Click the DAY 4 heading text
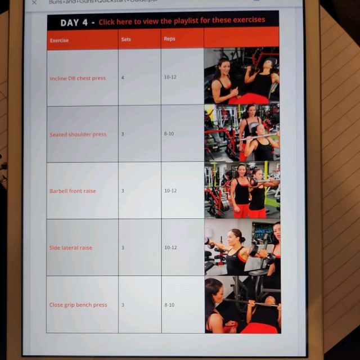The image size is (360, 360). pyautogui.click(x=77, y=22)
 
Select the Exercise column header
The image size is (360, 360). pyautogui.click(x=59, y=40)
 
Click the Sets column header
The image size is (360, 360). pyautogui.click(x=126, y=39)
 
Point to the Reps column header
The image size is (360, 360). pyautogui.click(x=169, y=39)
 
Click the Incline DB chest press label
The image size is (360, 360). pyautogui.click(x=78, y=78)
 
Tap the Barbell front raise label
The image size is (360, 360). pyautogui.click(x=73, y=191)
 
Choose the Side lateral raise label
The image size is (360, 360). pyautogui.click(x=71, y=248)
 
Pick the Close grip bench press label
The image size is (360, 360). pyautogui.click(x=78, y=305)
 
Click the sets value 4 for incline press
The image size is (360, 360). pyautogui.click(x=123, y=77)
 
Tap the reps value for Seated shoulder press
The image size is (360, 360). pyautogui.click(x=169, y=134)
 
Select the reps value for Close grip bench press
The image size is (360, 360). pyautogui.click(x=169, y=305)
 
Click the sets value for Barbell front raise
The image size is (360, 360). pyautogui.click(x=123, y=191)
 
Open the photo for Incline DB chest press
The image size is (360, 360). pyautogui.click(x=242, y=76)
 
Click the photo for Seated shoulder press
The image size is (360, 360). pyautogui.click(x=242, y=133)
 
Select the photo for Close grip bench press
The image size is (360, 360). pyautogui.click(x=242, y=304)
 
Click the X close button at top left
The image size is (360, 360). pyautogui.click(x=34, y=2)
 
